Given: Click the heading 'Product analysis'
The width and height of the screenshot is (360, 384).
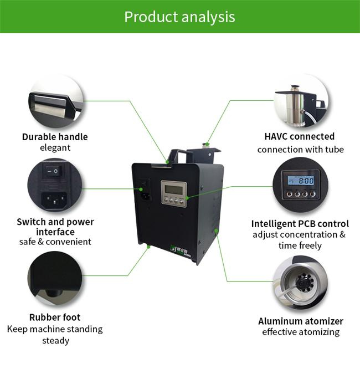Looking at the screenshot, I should point(179,16).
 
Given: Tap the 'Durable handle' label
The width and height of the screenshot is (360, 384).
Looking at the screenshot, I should point(55,137).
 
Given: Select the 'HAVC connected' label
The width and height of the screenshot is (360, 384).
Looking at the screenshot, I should point(299,136).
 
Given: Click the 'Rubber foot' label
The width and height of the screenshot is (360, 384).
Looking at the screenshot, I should point(55,318).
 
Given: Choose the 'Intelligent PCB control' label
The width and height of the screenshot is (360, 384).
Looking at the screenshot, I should point(299,224).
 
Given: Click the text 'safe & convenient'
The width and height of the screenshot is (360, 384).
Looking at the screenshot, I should point(55,242).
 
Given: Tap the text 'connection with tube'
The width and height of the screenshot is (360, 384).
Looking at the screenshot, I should point(300,150).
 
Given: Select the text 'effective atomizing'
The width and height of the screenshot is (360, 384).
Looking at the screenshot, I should point(300,332).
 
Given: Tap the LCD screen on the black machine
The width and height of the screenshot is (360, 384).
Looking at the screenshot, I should point(173,190).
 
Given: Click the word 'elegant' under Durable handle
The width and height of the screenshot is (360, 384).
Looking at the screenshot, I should point(55,148).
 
